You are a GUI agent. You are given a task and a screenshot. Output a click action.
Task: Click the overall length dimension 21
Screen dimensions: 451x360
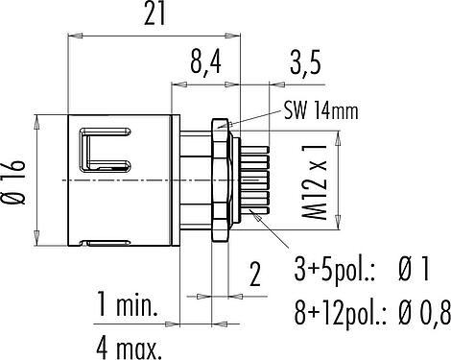pos(154,14)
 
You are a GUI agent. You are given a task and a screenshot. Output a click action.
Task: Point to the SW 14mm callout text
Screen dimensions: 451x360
pos(320,110)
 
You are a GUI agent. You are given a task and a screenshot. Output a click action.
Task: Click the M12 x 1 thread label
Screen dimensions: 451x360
pos(315,181)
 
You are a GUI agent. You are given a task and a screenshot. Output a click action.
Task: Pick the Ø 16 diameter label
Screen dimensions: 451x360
pos(13,182)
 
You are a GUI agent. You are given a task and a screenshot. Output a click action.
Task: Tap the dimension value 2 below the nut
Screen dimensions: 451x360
pos(255,275)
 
